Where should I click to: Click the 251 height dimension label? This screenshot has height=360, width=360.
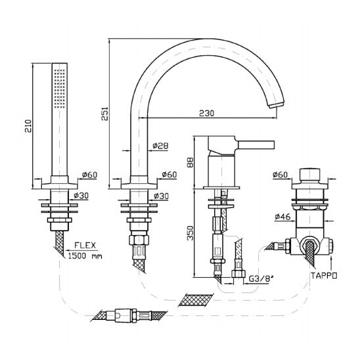click(x=104, y=114)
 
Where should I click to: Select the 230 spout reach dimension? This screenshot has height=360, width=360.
click(x=206, y=113)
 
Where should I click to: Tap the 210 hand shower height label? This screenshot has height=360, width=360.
click(x=28, y=126)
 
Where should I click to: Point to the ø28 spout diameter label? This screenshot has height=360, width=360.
click(x=160, y=146)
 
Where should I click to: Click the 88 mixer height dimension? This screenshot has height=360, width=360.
click(x=190, y=162)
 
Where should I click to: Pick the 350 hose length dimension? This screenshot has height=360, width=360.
click(x=191, y=233)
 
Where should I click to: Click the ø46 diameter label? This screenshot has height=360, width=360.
click(x=282, y=216)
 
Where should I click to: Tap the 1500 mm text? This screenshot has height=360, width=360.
click(x=85, y=256)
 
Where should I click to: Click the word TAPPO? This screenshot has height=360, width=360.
click(x=324, y=275)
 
